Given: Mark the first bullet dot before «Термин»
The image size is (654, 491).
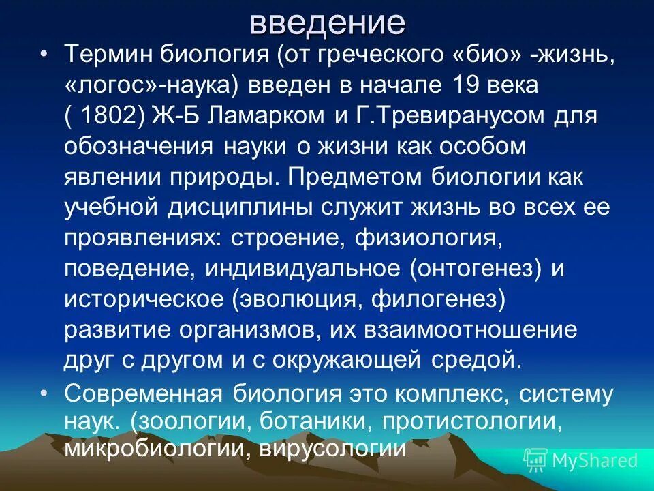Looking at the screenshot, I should coord(45,55).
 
